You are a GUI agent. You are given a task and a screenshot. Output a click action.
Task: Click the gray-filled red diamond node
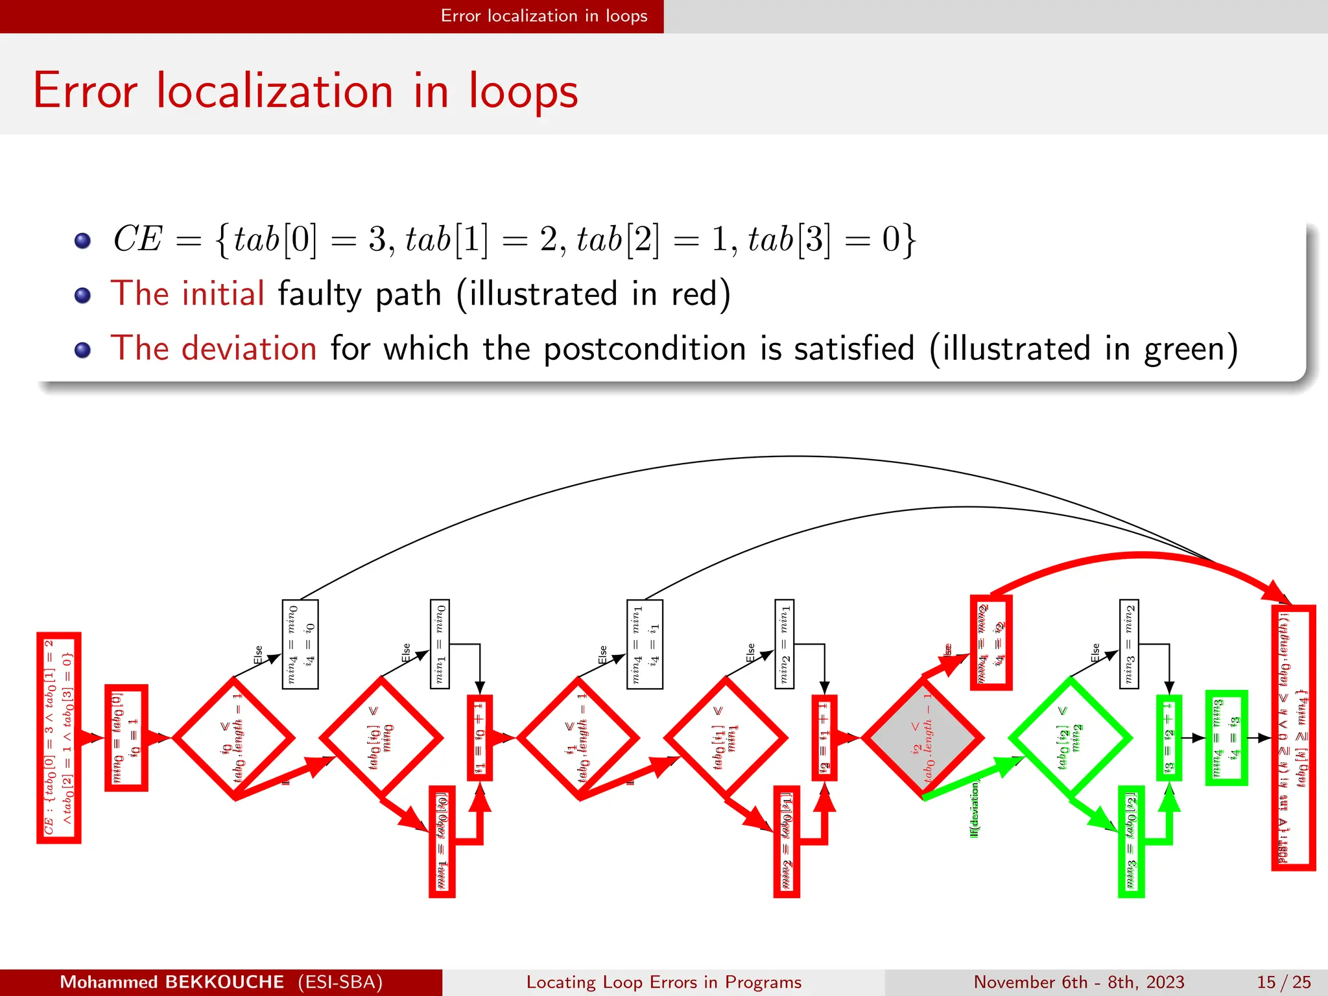pyautogui.click(x=923, y=739)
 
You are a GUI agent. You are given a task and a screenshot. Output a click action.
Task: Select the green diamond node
pyautogui.click(x=1070, y=738)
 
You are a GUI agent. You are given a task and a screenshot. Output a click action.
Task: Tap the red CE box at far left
pyautogui.click(x=58, y=737)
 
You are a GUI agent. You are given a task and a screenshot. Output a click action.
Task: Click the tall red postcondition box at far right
pyautogui.click(x=1293, y=737)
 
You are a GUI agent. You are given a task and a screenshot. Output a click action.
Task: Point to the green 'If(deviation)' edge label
pyautogui.click(x=974, y=810)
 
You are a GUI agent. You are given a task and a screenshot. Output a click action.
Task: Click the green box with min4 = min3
pyautogui.click(x=1226, y=738)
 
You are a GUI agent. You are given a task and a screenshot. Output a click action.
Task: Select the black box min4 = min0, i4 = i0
pyautogui.click(x=300, y=644)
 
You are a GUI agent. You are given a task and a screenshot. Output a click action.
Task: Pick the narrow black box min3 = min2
pyautogui.click(x=1129, y=644)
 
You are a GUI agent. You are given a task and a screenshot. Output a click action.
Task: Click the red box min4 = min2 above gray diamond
pyautogui.click(x=991, y=642)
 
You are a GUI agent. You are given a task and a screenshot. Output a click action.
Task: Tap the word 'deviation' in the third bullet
pyautogui.click(x=249, y=348)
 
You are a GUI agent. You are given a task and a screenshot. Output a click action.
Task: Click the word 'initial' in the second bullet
pyautogui.click(x=223, y=293)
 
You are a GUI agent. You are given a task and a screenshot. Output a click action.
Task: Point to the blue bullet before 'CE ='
pyautogui.click(x=82, y=241)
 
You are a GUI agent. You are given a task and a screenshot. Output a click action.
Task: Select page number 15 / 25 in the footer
pyautogui.click(x=1283, y=982)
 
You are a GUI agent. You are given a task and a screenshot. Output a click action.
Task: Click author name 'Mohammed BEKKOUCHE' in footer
pyautogui.click(x=172, y=982)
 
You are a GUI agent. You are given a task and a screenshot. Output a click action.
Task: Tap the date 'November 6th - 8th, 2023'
pyautogui.click(x=1078, y=982)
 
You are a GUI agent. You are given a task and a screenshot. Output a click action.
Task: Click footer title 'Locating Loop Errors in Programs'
pyautogui.click(x=663, y=982)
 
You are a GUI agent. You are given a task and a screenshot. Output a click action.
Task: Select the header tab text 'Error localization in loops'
pyautogui.click(x=543, y=16)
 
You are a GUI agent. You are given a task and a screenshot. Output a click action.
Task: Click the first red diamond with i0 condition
pyautogui.click(x=233, y=739)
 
